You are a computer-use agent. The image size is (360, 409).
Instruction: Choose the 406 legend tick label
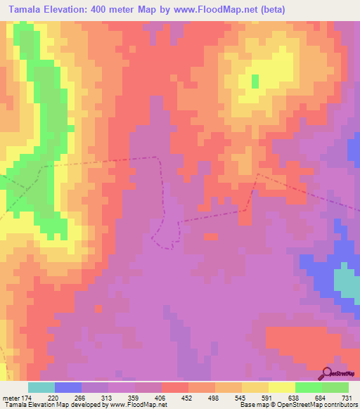click(161, 398)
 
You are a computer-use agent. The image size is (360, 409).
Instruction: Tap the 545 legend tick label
click(241, 398)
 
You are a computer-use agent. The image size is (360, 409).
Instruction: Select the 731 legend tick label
click(347, 398)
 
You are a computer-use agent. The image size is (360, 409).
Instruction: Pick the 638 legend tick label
click(295, 398)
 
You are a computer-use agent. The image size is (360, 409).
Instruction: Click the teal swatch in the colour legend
click(41, 387)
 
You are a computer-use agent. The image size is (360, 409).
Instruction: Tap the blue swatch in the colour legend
click(68, 387)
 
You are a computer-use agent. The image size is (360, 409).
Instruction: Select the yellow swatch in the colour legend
click(281, 387)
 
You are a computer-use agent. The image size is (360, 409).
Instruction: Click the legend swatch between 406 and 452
click(174, 387)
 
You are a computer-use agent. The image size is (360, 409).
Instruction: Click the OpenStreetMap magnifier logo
click(327, 372)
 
